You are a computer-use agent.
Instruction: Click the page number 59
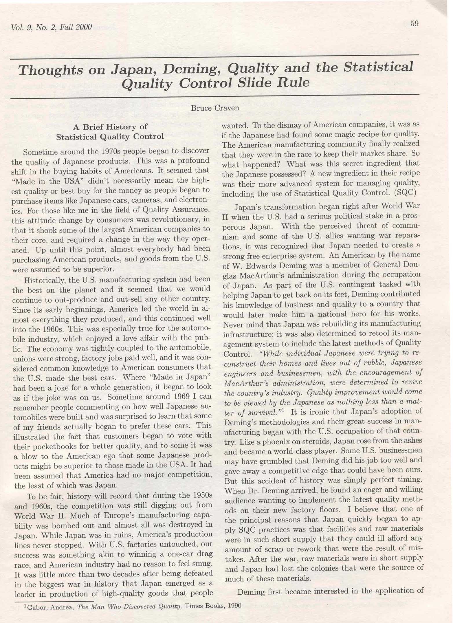[415, 24]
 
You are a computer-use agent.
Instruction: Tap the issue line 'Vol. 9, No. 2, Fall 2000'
[51, 28]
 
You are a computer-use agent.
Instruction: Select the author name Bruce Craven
[215, 108]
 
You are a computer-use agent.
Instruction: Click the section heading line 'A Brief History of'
[110, 127]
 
